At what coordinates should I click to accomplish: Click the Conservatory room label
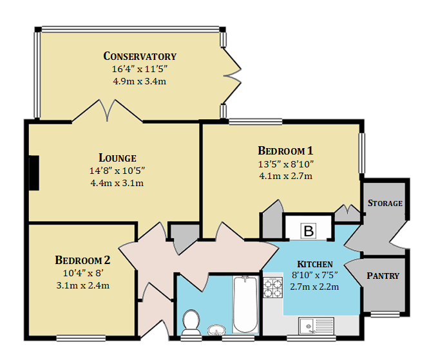140,56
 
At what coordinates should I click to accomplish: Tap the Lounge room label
117,158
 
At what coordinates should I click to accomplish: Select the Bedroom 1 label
285,151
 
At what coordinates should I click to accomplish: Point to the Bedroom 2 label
82,260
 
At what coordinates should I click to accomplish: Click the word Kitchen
315,264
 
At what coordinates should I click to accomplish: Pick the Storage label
385,203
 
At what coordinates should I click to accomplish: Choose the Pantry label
383,276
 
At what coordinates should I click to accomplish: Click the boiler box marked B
309,231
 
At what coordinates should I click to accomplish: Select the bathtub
245,305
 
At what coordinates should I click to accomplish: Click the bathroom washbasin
216,330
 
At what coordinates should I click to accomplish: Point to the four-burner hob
272,287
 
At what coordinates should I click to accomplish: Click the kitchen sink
316,326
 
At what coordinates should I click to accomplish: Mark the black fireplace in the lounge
34,173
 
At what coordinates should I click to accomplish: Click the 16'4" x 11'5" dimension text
139,69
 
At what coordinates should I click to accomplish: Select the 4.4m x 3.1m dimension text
117,183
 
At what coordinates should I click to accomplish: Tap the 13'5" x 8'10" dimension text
285,164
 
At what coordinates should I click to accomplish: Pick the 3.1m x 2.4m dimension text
82,285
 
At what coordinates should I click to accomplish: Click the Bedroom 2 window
81,338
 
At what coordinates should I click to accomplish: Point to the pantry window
385,314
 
